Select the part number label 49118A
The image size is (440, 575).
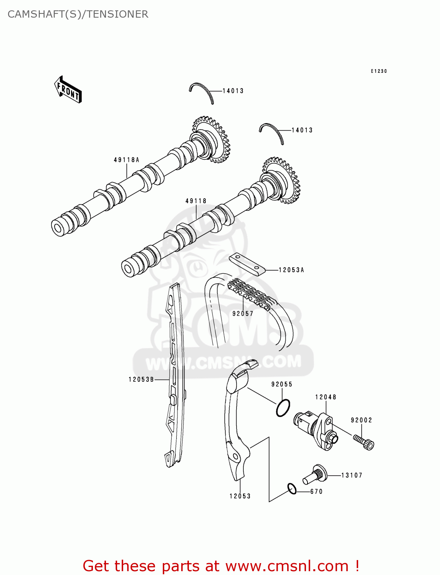tap(126, 160)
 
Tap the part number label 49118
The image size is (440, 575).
tap(196, 201)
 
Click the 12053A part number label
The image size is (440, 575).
tap(291, 270)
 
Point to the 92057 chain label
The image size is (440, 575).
tap(243, 314)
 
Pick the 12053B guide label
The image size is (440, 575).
tap(141, 379)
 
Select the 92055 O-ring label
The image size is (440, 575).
tap(282, 384)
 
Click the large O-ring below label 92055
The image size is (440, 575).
tap(283, 408)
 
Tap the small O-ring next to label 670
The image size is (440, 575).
tap(292, 489)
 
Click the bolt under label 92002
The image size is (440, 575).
tap(364, 442)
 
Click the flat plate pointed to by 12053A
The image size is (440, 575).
tap(247, 264)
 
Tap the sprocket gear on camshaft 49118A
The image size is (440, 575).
tap(211, 140)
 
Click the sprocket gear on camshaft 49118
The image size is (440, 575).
tap(281, 180)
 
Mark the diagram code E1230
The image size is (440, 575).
tap(379, 71)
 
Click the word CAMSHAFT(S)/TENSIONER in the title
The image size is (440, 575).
tap(78, 14)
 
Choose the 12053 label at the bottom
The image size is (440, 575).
tap(240, 496)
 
